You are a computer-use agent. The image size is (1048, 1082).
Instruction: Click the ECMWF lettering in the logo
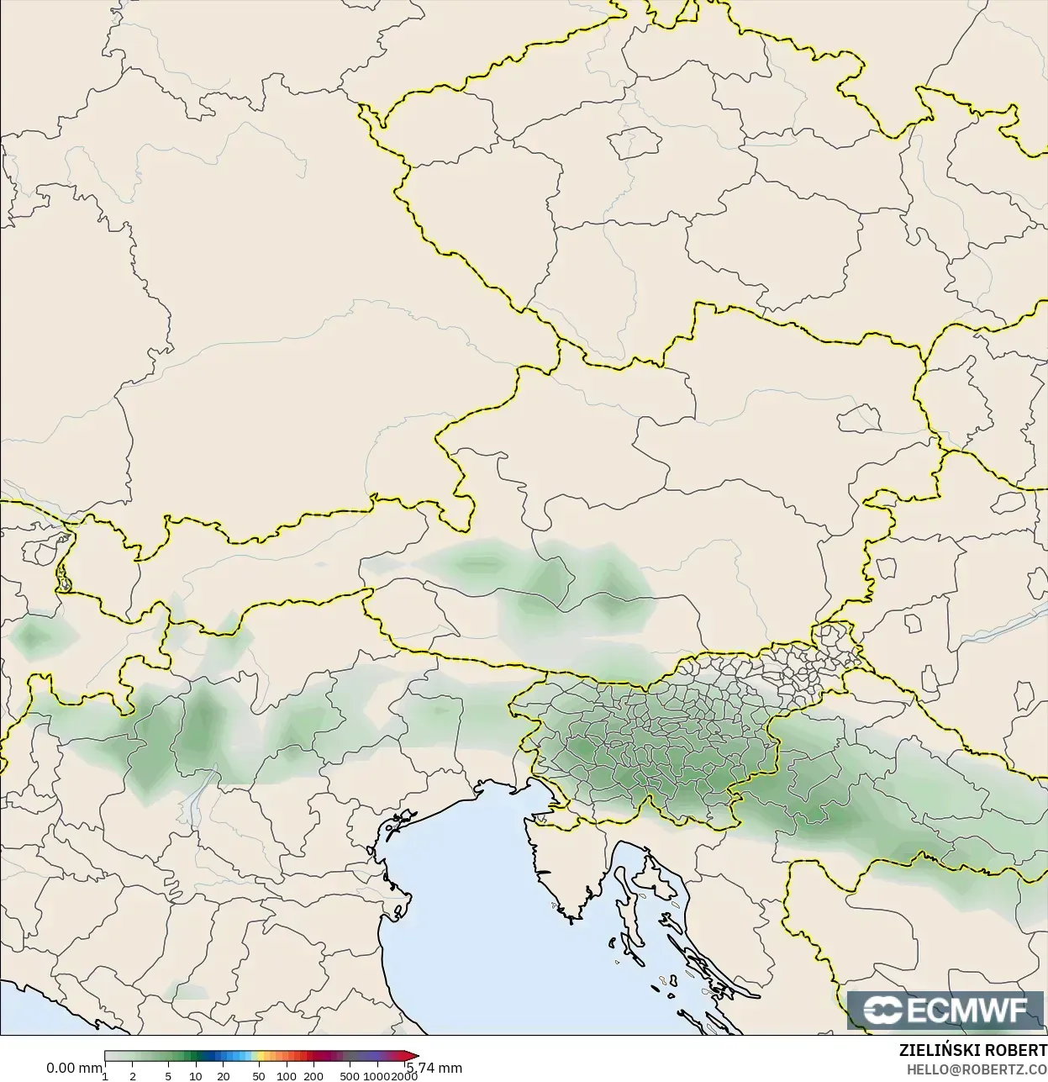tap(966, 1009)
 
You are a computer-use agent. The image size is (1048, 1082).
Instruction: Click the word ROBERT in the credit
tap(1018, 1051)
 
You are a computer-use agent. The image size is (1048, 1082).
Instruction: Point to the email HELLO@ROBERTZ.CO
tap(977, 1069)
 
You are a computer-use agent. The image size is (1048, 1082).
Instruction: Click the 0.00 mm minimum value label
tap(73, 1069)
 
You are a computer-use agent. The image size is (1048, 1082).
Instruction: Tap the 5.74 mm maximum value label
tap(434, 1069)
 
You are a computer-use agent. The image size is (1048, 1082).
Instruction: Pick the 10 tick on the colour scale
tap(195, 1076)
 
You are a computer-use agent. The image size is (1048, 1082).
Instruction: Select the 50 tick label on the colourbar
tap(259, 1076)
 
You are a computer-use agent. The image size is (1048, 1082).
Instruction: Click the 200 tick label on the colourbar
tap(313, 1076)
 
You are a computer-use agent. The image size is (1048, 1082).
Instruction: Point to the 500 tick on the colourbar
tap(350, 1076)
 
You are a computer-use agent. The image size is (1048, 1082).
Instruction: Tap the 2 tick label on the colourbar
tap(133, 1076)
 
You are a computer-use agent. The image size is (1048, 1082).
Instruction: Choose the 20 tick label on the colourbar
tap(223, 1076)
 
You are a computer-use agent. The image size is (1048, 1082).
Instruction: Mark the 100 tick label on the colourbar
tap(287, 1076)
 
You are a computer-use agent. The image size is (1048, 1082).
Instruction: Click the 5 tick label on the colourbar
tap(168, 1076)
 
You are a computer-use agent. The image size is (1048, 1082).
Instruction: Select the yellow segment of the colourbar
tap(261, 1057)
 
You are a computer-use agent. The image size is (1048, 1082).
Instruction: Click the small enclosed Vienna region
tap(861, 415)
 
